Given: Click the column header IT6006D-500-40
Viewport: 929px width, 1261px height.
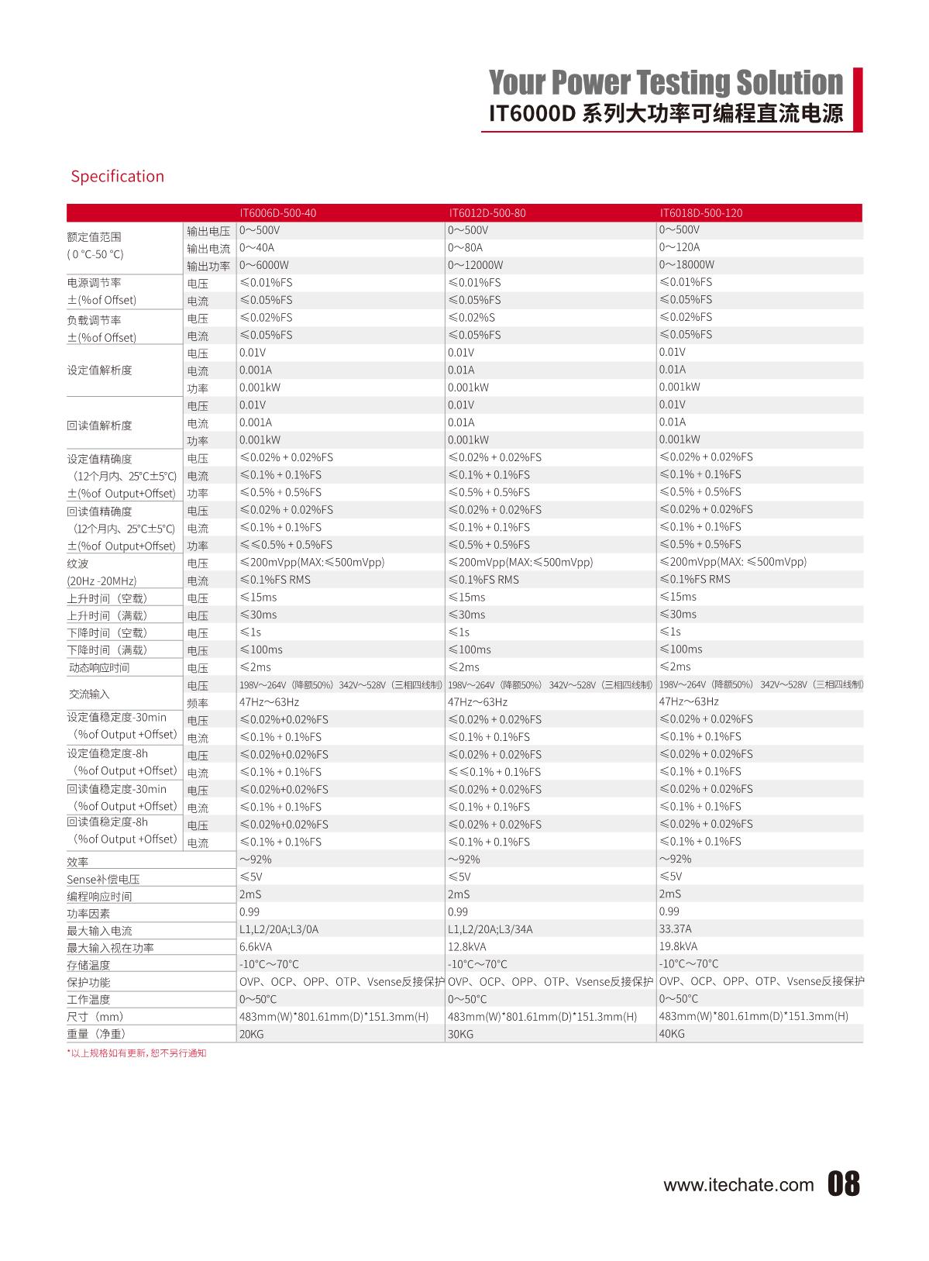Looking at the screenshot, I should point(277,213).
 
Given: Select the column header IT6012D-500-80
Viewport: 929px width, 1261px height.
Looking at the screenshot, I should point(487,213).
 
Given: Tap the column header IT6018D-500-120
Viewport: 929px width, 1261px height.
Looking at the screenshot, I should point(700,213).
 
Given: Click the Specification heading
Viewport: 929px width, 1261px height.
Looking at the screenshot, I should point(118,177).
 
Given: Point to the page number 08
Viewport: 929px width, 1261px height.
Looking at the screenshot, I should point(844,1184).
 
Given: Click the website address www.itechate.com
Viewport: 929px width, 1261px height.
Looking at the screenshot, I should point(738,1185).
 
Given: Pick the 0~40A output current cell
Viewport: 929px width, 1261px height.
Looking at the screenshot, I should point(256,248).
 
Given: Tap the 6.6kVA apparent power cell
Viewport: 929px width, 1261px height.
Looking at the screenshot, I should point(256,947).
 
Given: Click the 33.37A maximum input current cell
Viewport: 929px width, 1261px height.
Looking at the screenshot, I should point(676,929).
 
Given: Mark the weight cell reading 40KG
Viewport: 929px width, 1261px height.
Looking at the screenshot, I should point(672,1034).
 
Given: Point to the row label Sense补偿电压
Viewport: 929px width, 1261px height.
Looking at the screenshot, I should point(103,880).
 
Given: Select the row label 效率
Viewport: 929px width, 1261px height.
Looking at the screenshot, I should point(77,862).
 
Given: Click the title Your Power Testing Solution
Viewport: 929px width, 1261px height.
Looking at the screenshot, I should point(666,82).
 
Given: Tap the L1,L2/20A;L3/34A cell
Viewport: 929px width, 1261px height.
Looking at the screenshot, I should point(490,929).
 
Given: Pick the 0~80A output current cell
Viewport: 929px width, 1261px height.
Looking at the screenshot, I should point(465,248).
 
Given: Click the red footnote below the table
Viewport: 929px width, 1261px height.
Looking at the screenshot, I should point(137,1053).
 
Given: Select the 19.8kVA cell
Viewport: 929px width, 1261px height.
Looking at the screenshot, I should point(678,946).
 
